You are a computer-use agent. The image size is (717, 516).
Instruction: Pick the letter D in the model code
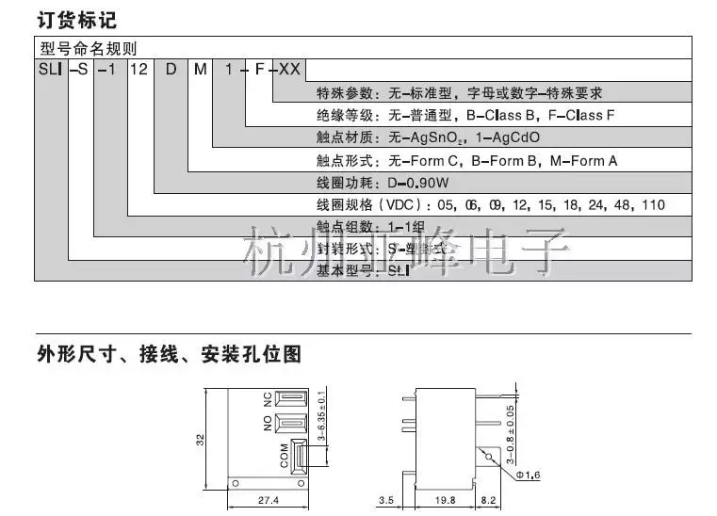(171, 70)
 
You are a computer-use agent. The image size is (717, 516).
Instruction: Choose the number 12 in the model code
(137, 70)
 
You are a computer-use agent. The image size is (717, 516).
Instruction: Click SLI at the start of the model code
(49, 70)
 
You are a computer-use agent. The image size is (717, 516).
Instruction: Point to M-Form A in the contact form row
(583, 160)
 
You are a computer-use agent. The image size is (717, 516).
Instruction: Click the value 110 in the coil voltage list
(651, 205)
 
